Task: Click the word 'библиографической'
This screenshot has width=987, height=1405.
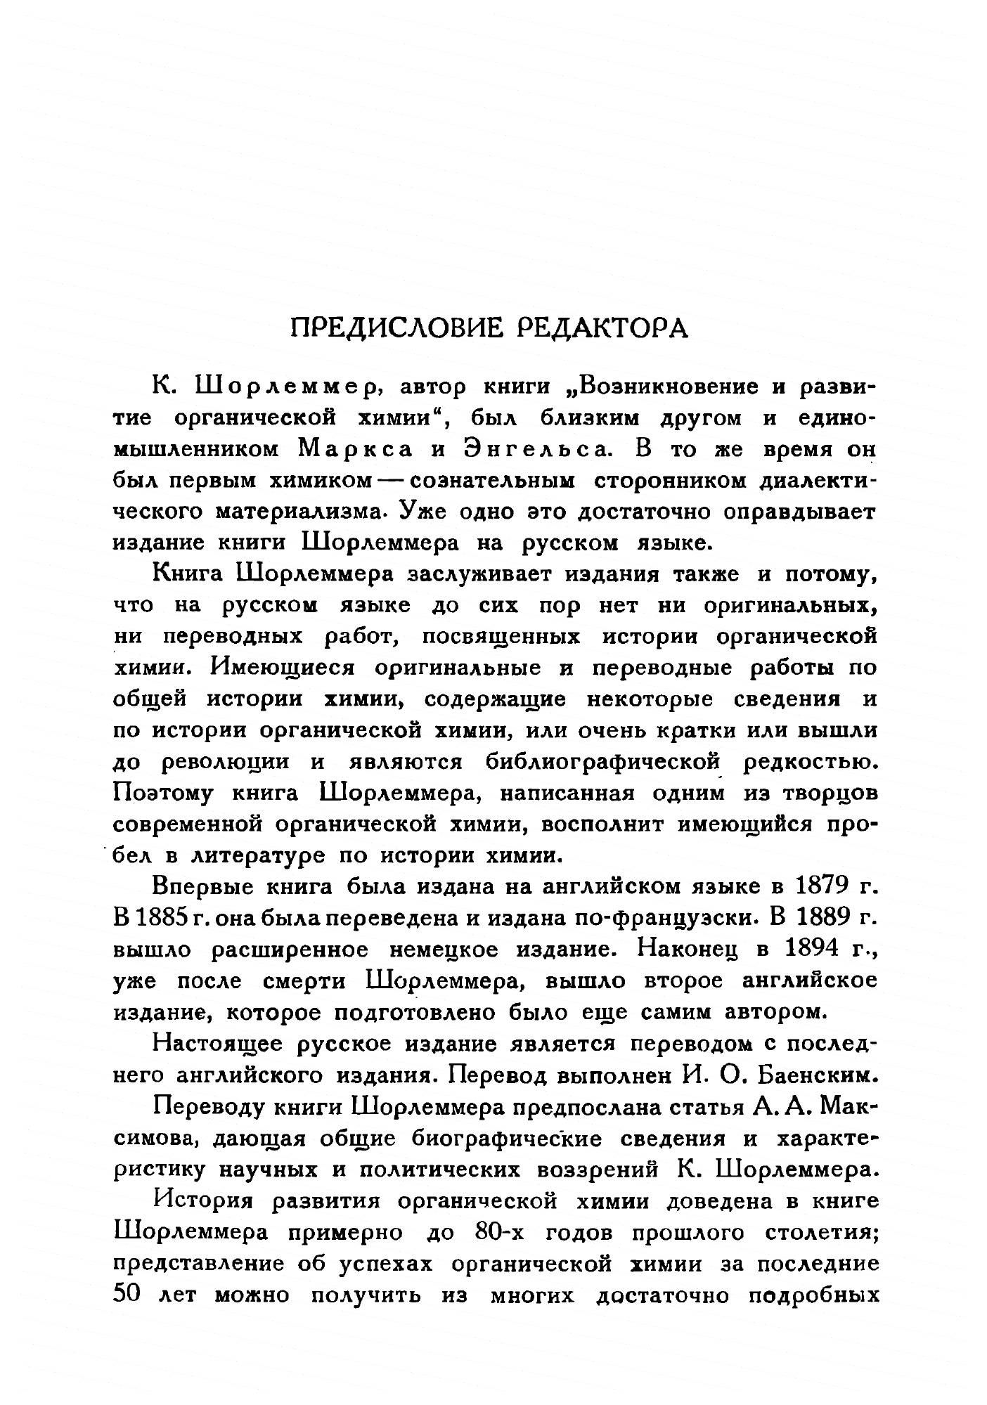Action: coord(605,761)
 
